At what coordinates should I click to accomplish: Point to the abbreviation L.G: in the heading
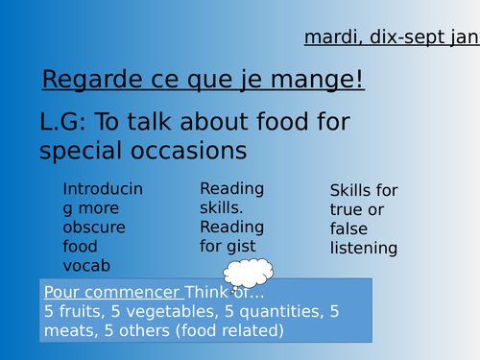pos(68,123)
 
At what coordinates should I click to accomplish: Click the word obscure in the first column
pos(94,228)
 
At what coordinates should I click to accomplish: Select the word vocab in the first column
pos(87,266)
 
